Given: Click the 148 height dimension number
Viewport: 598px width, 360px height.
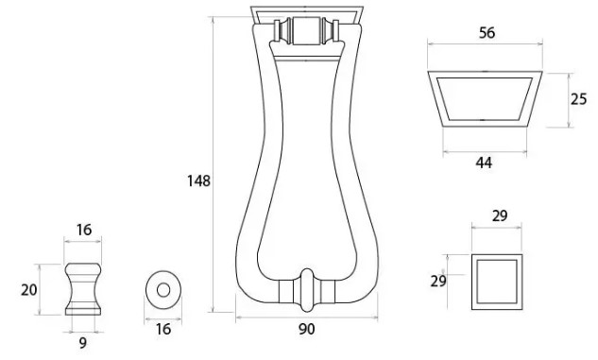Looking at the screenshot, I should (x=198, y=180).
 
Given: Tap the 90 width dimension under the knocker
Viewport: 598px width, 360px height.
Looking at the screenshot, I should (x=306, y=329).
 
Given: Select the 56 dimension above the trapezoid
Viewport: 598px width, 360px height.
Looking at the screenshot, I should (x=487, y=33).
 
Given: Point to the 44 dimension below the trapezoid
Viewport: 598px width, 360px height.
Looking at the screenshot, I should (x=484, y=163).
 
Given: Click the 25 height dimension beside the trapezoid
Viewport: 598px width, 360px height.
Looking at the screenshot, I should (x=579, y=98).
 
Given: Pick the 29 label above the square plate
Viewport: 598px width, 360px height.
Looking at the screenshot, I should (x=500, y=216).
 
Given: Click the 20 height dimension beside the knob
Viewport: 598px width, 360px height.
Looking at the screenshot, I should (x=28, y=289).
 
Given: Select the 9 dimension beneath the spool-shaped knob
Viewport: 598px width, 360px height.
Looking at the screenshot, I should (x=83, y=343).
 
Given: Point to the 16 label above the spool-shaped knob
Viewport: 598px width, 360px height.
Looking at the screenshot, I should (x=83, y=230).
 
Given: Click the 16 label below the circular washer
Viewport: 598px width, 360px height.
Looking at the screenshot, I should (x=163, y=329).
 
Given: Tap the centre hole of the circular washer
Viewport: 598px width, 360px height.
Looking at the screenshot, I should (x=163, y=288).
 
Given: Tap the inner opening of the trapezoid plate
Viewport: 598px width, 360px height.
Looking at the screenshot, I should (x=486, y=98).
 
